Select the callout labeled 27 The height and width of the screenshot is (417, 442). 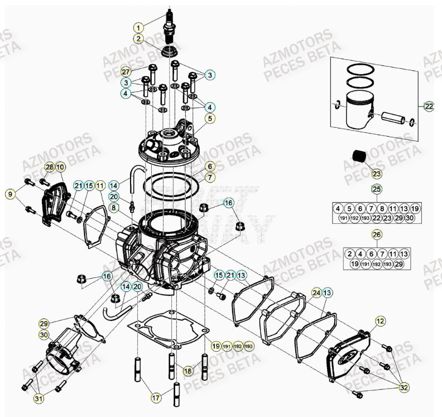(126, 72)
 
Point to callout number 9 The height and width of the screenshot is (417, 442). (9, 194)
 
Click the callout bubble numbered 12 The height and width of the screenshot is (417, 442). (380, 321)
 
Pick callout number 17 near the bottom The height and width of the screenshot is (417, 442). (156, 398)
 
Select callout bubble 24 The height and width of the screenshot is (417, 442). (316, 293)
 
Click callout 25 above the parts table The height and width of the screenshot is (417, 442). (377, 189)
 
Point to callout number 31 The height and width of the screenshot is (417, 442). (39, 398)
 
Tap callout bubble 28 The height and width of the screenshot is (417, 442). (49, 167)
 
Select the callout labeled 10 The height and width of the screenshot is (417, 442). (60, 167)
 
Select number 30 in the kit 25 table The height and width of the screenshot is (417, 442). (410, 218)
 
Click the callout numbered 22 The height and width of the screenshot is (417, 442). (428, 106)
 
